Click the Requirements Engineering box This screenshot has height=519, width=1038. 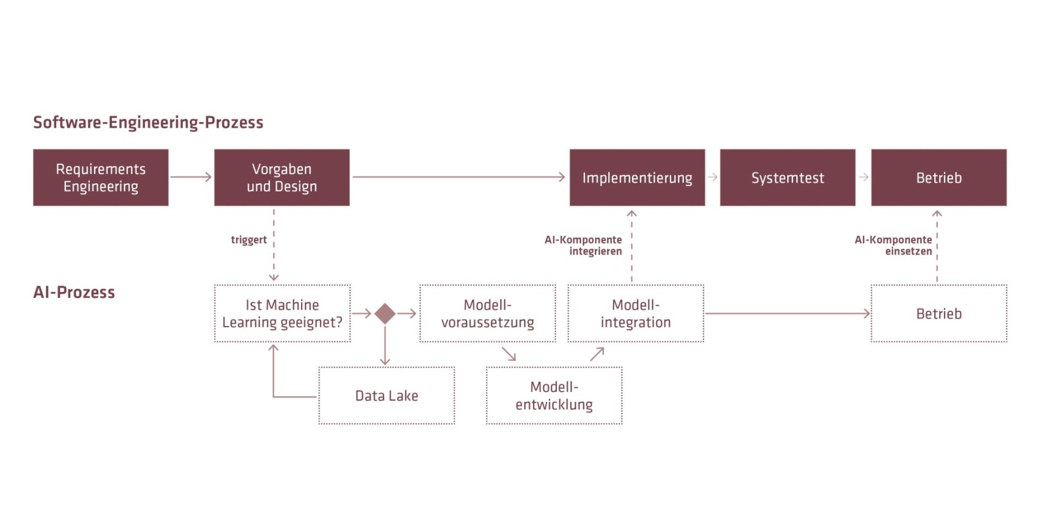point(101,178)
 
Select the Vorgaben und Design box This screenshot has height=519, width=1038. point(281,178)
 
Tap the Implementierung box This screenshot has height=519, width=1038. point(637,178)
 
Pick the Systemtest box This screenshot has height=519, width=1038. point(788,178)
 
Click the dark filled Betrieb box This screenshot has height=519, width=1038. point(939,178)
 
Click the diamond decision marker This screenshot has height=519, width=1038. point(385,314)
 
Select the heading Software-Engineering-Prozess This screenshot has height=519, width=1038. point(148,123)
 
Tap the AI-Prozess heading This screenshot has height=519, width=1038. point(74,292)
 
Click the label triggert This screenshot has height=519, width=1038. point(249,240)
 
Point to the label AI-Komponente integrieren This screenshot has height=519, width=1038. point(583,245)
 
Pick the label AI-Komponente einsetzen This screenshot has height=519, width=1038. point(893,245)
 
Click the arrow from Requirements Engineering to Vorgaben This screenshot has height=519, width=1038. point(191,176)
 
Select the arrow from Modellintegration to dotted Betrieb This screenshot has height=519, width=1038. point(788,314)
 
